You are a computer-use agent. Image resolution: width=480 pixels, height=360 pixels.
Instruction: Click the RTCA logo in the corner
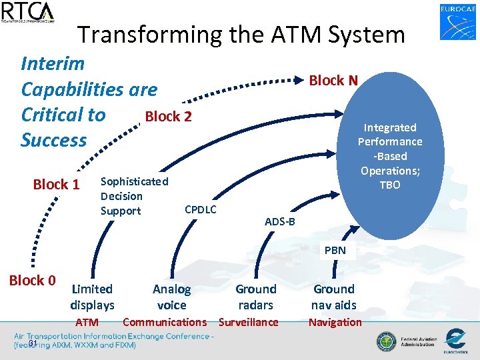[x=28, y=12]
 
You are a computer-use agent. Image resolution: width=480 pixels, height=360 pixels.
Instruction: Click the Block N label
[x=333, y=81]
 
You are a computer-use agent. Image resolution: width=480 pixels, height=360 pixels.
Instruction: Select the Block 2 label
[x=168, y=117]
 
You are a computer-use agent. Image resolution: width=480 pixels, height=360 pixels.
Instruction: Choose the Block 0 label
[x=32, y=281]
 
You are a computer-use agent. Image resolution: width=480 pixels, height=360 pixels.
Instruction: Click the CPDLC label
[x=200, y=210]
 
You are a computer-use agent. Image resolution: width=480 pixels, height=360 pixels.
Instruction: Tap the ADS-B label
[x=280, y=221]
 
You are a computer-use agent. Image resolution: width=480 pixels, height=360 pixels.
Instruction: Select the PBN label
[x=335, y=251]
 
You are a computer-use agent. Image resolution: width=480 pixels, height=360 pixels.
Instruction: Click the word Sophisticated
[x=134, y=181]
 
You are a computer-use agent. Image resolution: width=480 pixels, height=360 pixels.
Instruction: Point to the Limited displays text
[x=92, y=297]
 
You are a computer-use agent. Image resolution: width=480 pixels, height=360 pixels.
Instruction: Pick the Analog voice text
[x=171, y=297]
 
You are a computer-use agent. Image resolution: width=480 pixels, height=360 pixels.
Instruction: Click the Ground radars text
[x=256, y=297]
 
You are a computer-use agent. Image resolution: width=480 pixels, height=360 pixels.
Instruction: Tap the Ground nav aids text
[x=334, y=297]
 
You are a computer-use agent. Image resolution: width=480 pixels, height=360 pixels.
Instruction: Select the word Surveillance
[x=249, y=323]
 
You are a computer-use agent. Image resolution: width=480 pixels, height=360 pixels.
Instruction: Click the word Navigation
[x=335, y=323]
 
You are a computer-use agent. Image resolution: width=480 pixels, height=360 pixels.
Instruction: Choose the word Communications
[x=165, y=323]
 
